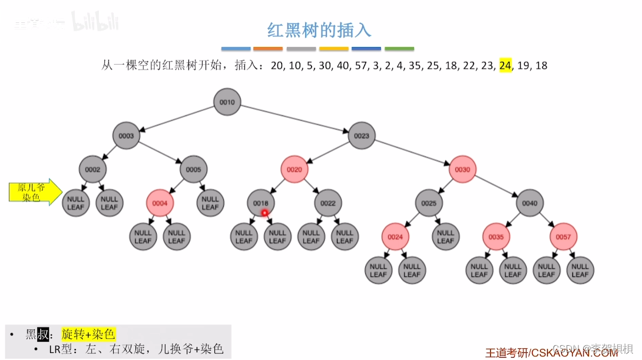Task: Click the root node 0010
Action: [x=227, y=102]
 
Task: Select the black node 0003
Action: [x=126, y=136]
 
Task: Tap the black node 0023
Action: [x=362, y=136]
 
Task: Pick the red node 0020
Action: [x=294, y=170]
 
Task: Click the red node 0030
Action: [x=462, y=170]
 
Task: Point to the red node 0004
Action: [x=160, y=203]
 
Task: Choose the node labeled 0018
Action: [x=260, y=203]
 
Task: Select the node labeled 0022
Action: [x=328, y=203]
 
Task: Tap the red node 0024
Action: [x=395, y=237]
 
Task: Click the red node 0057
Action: [x=563, y=237]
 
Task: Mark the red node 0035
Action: [x=496, y=237]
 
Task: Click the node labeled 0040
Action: [x=530, y=203]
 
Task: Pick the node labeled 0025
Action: [x=429, y=203]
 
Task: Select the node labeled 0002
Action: [x=92, y=170]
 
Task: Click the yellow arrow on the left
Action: [x=35, y=192]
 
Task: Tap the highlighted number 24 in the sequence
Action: [x=505, y=65]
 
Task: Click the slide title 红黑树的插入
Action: [x=320, y=29]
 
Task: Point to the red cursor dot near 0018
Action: [x=265, y=213]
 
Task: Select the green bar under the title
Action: [x=399, y=48]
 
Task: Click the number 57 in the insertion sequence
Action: [x=361, y=65]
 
